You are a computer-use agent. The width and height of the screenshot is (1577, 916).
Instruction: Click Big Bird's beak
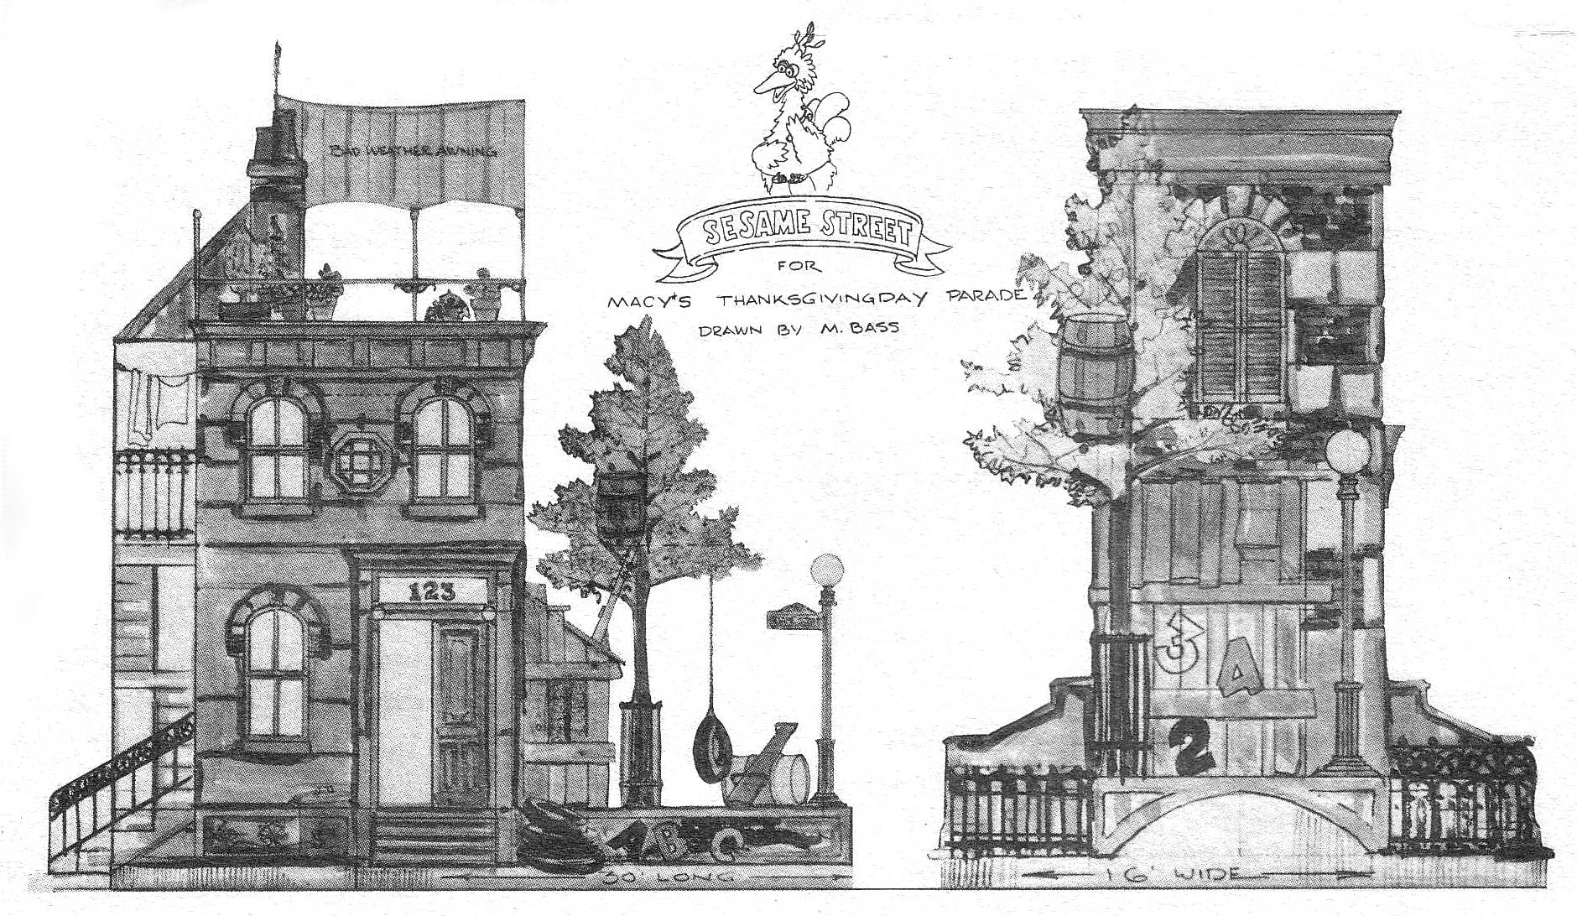[764, 82]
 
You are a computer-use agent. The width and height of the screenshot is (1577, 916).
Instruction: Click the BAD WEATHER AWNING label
[413, 151]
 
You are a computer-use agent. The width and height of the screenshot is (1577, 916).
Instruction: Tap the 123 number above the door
[432, 592]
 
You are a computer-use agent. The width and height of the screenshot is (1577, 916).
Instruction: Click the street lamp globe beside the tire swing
[827, 570]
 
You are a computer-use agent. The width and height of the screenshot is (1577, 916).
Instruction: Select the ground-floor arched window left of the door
[276, 671]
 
